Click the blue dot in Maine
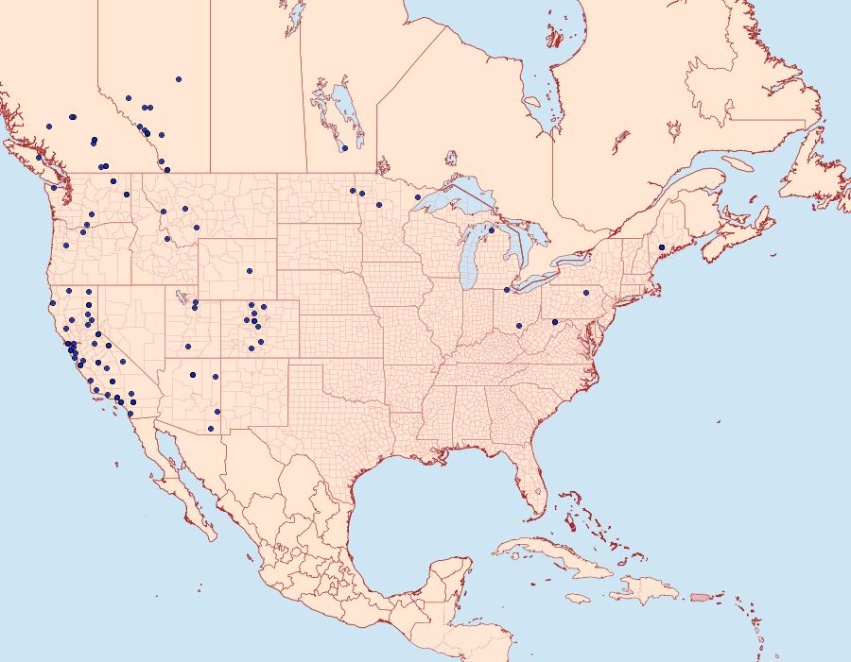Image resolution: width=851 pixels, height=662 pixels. (x=662, y=247)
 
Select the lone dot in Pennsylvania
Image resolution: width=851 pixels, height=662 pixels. (x=586, y=293)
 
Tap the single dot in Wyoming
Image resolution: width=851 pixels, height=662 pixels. (x=250, y=271)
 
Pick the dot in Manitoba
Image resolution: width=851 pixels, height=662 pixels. (x=345, y=148)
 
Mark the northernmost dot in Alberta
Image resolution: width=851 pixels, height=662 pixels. (x=179, y=79)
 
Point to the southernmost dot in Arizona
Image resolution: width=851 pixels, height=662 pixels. (x=211, y=429)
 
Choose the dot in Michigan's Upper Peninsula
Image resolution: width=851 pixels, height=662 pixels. (x=491, y=229)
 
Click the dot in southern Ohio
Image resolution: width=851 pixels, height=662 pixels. (x=519, y=327)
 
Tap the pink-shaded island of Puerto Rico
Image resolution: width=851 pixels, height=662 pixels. (x=701, y=596)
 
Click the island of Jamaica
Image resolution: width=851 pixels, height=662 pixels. (x=579, y=599)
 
